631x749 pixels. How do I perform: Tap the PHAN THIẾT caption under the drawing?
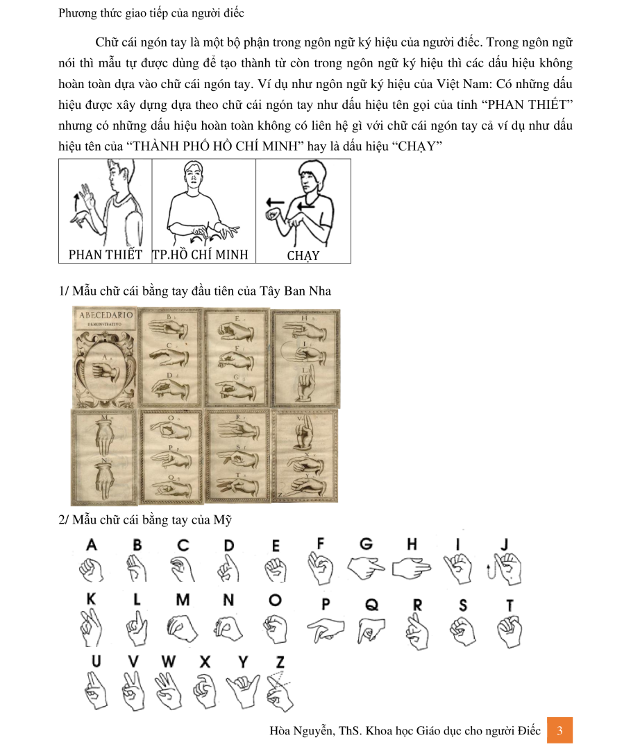tap(105, 255)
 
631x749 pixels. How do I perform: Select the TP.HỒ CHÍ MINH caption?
tap(200, 255)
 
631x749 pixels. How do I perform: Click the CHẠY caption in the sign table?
tap(303, 255)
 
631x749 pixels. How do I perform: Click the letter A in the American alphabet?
tap(91, 546)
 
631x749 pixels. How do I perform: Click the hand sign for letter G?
tap(365, 569)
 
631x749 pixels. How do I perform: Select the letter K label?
tap(91, 599)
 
